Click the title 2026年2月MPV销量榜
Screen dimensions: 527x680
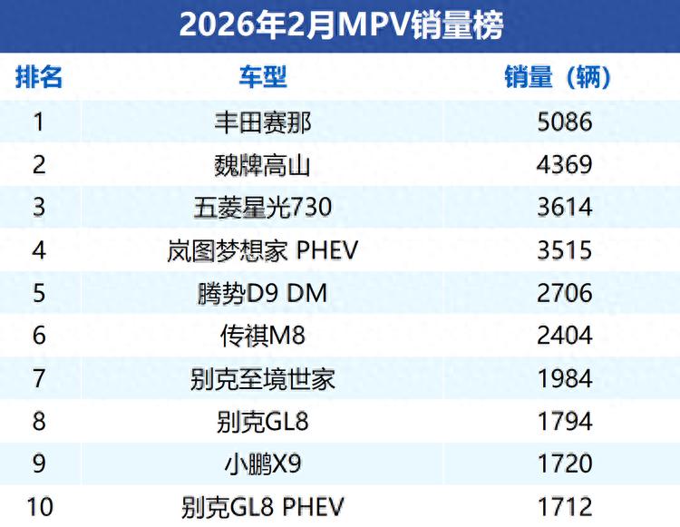[340, 24]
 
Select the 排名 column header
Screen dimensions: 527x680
[39, 77]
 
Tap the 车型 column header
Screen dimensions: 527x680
[263, 77]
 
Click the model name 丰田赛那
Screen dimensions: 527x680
[263, 122]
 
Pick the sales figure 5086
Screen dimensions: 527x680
[563, 122]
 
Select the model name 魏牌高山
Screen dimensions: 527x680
[263, 164]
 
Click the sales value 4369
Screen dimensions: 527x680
[563, 164]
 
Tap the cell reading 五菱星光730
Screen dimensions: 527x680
[263, 207]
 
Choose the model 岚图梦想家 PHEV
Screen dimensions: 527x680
[263, 250]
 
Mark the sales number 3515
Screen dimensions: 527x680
[563, 250]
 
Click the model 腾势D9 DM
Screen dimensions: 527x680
[263, 293]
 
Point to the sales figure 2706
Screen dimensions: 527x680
[563, 293]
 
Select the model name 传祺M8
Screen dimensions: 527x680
[263, 336]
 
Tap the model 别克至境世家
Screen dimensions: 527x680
[263, 378]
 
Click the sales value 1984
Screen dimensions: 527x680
[563, 378]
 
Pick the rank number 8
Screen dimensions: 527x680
[39, 422]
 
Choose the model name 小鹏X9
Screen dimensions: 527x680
[263, 464]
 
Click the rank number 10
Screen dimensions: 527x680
[39, 506]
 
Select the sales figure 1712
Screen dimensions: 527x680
[563, 506]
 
